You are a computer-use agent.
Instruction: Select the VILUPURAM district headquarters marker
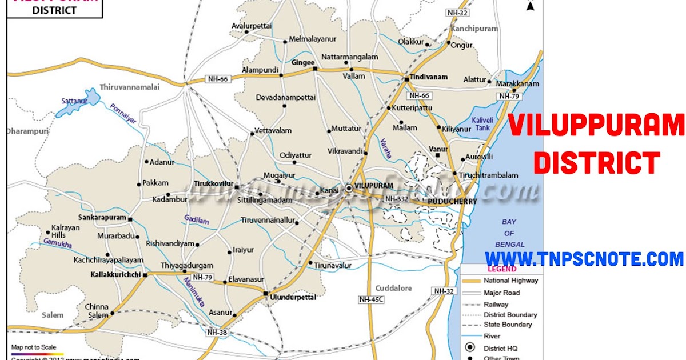(x=349, y=188)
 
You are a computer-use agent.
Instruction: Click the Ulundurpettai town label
(x=292, y=298)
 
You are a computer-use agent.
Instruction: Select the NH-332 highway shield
(x=396, y=199)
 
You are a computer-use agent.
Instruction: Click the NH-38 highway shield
(x=217, y=332)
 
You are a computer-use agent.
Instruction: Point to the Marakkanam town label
(x=517, y=83)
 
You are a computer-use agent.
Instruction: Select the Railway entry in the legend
(x=496, y=305)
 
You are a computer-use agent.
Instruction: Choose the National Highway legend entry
(x=510, y=281)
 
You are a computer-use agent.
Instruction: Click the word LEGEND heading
(x=501, y=269)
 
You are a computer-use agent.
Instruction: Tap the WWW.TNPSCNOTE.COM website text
(x=584, y=259)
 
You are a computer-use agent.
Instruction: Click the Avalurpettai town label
(x=251, y=26)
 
